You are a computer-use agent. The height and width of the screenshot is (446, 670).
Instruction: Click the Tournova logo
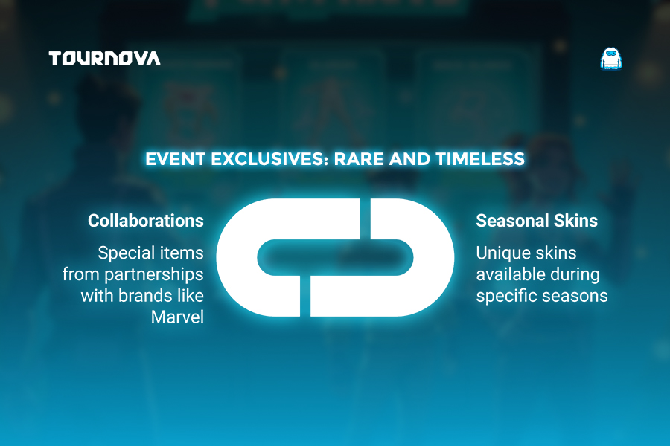105,59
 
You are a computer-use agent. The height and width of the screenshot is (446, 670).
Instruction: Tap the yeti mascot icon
611,59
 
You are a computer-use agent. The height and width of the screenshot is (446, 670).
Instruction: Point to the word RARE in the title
359,159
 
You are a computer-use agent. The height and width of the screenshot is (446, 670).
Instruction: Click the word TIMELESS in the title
480,159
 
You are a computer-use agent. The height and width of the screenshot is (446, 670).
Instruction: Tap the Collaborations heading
146,221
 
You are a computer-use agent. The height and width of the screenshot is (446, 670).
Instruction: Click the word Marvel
177,317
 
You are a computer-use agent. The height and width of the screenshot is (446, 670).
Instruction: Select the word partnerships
154,275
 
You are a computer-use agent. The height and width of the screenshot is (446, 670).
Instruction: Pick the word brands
142,296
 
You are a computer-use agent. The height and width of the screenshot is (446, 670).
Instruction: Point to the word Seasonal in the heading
512,221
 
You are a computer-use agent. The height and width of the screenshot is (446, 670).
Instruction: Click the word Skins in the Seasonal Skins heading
575,221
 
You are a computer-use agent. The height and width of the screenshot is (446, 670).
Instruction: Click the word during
569,275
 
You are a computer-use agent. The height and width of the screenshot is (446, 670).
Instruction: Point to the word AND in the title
409,159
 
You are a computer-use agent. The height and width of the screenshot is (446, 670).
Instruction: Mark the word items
181,253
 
